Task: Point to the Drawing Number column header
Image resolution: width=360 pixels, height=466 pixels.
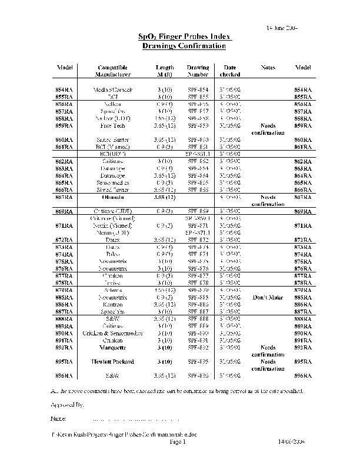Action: pos(198,71)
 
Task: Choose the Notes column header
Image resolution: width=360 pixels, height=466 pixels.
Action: pos(268,68)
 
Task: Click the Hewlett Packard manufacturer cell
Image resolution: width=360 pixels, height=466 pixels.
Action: pos(109,361)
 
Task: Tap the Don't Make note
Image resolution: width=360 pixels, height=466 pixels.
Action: pos(268,297)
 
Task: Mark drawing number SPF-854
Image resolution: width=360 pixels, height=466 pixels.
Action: pos(198,89)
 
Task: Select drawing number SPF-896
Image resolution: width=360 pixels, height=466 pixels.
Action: pos(198,375)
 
